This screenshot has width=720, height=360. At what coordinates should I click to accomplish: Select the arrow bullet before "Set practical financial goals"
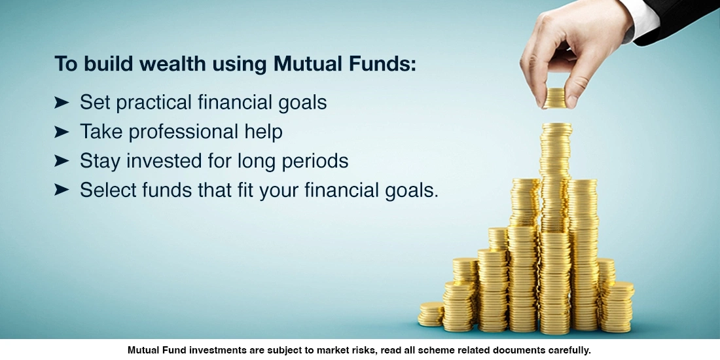tap(62, 102)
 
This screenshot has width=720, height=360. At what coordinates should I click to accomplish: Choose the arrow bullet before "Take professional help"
tap(62, 132)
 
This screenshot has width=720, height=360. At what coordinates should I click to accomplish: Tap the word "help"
tap(262, 132)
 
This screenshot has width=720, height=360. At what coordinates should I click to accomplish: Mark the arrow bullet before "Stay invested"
tap(62, 161)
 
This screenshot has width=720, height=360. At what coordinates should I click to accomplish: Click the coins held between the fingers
tap(554, 98)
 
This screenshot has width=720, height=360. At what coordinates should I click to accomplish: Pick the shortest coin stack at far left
tap(431, 314)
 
